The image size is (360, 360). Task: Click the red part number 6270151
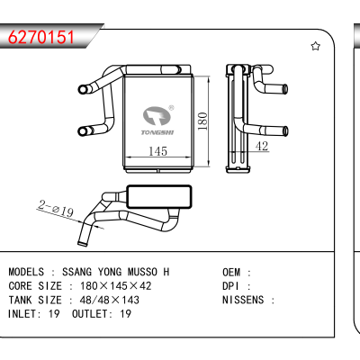tap(41, 38)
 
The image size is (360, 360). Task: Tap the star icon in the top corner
tap(315, 46)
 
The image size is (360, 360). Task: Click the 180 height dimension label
tap(202, 121)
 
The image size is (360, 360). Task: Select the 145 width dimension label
tap(157, 151)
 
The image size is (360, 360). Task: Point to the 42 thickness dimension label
tap(262, 146)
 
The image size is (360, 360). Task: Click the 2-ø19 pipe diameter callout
tap(56, 209)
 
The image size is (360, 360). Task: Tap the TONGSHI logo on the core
tap(157, 121)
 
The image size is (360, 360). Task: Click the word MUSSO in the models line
tap(142, 272)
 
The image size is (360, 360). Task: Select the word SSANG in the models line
tap(76, 272)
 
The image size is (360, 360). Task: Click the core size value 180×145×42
tap(115, 286)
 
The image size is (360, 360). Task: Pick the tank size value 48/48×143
tap(110, 300)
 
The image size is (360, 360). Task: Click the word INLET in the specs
tap(22, 314)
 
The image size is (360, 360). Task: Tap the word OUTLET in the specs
tap(90, 314)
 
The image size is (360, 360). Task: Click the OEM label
tap(231, 273)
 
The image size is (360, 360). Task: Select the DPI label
tap(230, 286)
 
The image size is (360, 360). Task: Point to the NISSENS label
tap(243, 300)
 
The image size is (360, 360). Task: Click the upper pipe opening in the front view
tap(82, 89)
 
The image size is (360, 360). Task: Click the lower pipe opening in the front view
tap(82, 131)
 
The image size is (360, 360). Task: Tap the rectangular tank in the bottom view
tap(159, 197)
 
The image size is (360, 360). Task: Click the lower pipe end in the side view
tap(285, 130)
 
